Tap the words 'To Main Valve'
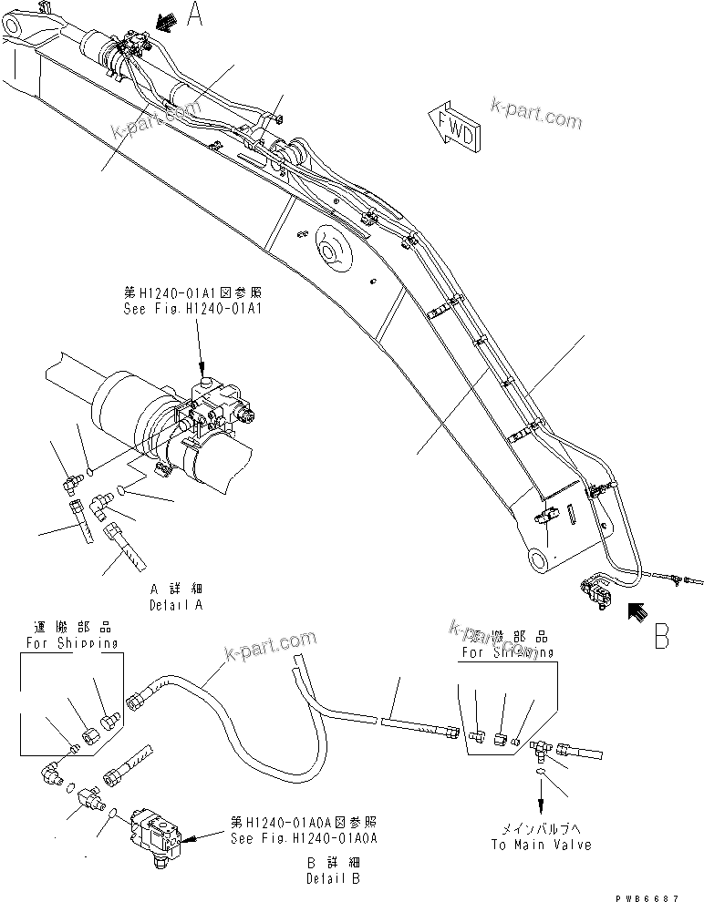[x=541, y=845]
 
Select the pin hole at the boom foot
[x=540, y=559]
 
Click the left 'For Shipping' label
[x=71, y=642]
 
